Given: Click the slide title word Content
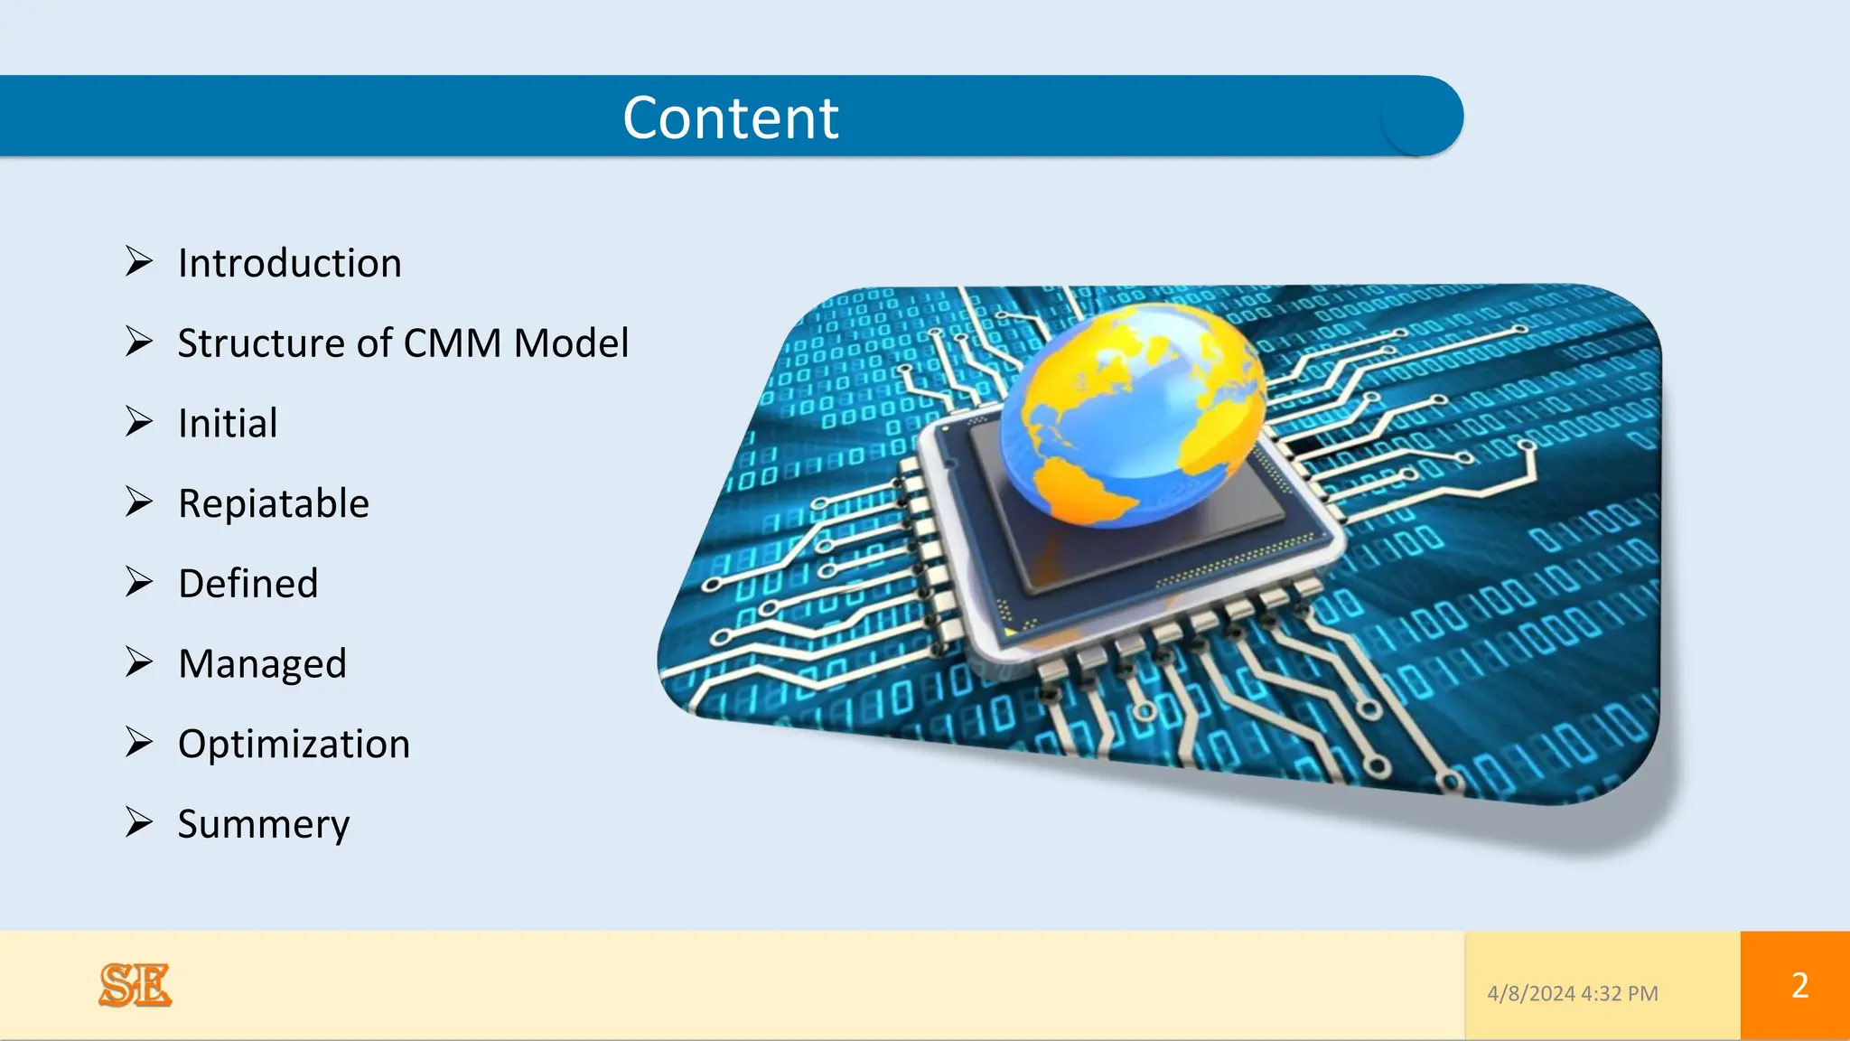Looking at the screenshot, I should pyautogui.click(x=731, y=118).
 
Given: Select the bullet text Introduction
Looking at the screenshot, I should pyautogui.click(x=289, y=264).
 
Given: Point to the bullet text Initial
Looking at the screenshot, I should pyautogui.click(x=228, y=424).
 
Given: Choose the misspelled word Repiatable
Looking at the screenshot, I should pyautogui.click(x=274, y=504).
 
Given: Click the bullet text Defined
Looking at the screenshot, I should pyautogui.click(x=248, y=584).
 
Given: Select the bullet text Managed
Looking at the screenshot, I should pyautogui.click(x=262, y=664).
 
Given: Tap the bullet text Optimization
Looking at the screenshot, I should pyautogui.click(x=294, y=745).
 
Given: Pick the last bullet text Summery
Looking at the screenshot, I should pyautogui.click(x=263, y=824).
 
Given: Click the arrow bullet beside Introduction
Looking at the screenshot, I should pyautogui.click(x=139, y=261).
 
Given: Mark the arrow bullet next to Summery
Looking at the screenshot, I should pyautogui.click(x=139, y=822).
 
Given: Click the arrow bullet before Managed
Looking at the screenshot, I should pyautogui.click(x=139, y=662).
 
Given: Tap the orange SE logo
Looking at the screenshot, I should pyautogui.click(x=135, y=985).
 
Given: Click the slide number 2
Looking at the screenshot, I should pyautogui.click(x=1799, y=985).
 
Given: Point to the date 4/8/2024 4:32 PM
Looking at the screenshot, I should pyautogui.click(x=1573, y=994).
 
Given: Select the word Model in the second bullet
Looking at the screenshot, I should pyautogui.click(x=571, y=343).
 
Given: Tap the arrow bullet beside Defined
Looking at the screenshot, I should pyautogui.click(x=139, y=582).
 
